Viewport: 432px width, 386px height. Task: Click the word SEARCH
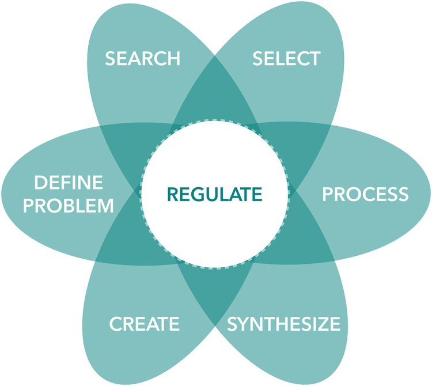pyautogui.click(x=142, y=58)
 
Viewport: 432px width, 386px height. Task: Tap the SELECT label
pyautogui.click(x=286, y=58)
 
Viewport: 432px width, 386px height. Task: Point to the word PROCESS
pyautogui.click(x=365, y=194)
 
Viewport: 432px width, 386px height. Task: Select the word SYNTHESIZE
pyautogui.click(x=284, y=324)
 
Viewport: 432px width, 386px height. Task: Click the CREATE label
pyautogui.click(x=144, y=324)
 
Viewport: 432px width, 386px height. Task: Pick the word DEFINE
pyautogui.click(x=69, y=183)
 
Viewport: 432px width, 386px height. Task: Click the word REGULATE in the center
pyautogui.click(x=214, y=194)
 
